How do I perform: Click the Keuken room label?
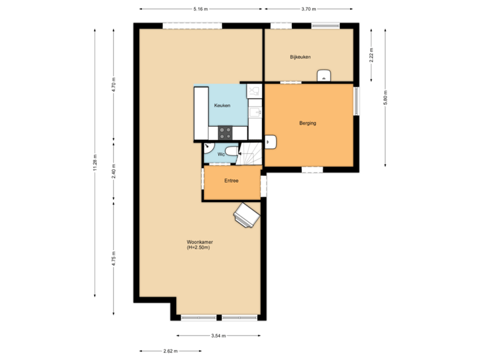[x=222, y=107]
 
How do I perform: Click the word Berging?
[x=307, y=123]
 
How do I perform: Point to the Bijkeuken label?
[x=300, y=57]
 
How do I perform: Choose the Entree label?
[x=231, y=181]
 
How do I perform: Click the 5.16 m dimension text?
[x=199, y=9]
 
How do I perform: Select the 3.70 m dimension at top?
[x=308, y=9]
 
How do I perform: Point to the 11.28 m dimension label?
[x=95, y=162]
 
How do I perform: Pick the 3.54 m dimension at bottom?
[x=219, y=335]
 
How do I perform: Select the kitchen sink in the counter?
[x=254, y=114]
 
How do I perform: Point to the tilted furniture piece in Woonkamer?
[x=246, y=215]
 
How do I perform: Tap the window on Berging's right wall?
[x=356, y=101]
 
